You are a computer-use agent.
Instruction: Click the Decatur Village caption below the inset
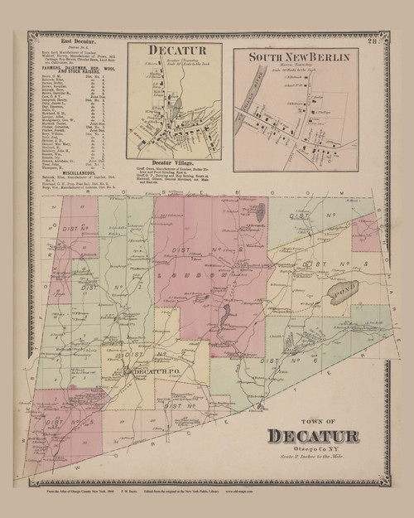click(179, 162)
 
